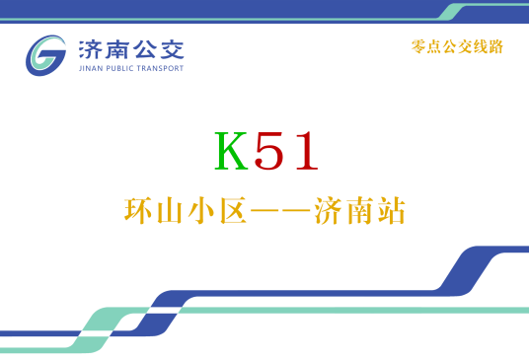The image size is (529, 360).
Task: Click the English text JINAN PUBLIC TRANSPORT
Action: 129,69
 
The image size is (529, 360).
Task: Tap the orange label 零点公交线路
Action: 457,45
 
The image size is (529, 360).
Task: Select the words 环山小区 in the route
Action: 184,210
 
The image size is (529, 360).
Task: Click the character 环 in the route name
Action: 138,210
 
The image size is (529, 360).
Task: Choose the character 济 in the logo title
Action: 90,48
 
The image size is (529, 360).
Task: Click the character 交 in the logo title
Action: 171,48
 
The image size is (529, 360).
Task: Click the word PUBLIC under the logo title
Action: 120,69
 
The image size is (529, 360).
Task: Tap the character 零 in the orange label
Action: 417,45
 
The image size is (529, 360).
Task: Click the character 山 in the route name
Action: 169,210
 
